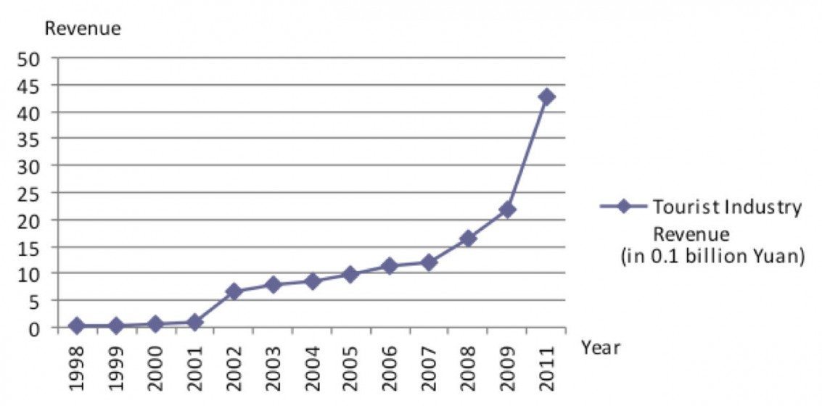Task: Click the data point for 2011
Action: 546,96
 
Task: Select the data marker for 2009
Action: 507,210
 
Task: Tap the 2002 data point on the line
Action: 233,291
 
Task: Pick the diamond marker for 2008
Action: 468,239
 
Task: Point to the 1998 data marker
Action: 77,326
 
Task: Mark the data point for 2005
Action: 350,274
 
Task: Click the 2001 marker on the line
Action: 194,322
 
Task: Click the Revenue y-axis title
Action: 83,28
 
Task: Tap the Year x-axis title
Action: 600,348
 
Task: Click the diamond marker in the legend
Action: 623,207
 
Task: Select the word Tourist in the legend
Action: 681,207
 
